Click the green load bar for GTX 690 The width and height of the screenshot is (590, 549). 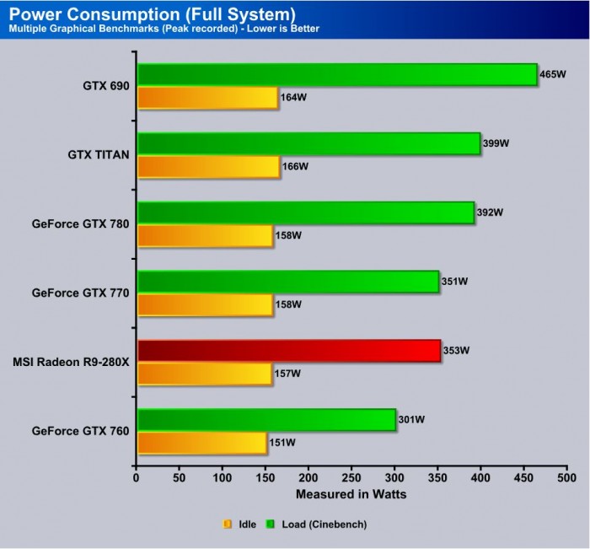pyautogui.click(x=336, y=74)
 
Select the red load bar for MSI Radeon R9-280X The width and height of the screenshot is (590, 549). pyautogui.click(x=288, y=351)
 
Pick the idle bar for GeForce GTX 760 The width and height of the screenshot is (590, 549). pyautogui.click(x=201, y=443)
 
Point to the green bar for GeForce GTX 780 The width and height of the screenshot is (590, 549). pyautogui.click(x=305, y=213)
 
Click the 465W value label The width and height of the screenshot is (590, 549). pyautogui.click(x=553, y=75)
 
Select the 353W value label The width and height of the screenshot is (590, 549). pyautogui.click(x=455, y=351)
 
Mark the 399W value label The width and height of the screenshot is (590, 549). pyautogui.click(x=496, y=144)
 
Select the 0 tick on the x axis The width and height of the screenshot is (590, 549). pyautogui.click(x=137, y=477)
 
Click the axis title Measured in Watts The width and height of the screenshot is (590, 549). pyautogui.click(x=351, y=494)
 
